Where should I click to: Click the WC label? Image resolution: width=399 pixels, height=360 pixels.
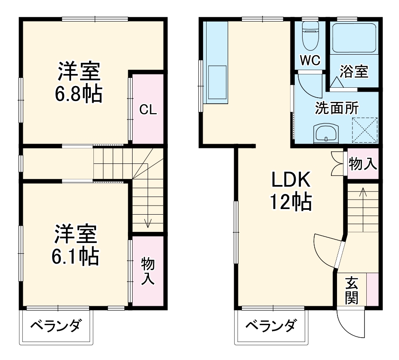click(310, 61)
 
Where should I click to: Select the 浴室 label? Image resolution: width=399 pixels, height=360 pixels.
click(354, 71)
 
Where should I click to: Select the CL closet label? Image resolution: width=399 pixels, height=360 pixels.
click(148, 110)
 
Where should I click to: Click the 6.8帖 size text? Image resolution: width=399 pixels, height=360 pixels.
click(78, 94)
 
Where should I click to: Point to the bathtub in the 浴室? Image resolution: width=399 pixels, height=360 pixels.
click(354, 38)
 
